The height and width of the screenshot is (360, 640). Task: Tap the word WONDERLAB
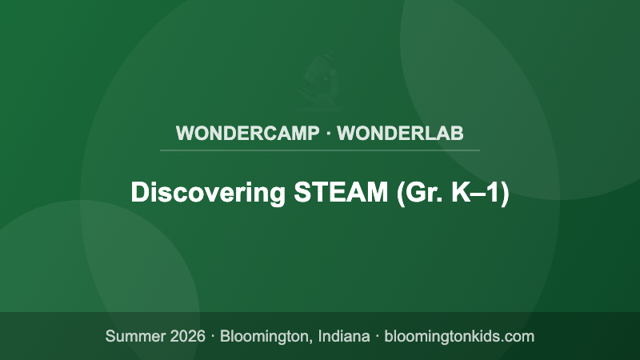tap(400, 133)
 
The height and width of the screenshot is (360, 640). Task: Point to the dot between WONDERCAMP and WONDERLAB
tap(328, 133)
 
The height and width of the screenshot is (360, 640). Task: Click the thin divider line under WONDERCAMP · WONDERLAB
tap(320, 150)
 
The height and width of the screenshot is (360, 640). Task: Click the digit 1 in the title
tap(492, 194)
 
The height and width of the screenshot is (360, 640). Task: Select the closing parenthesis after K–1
tap(504, 194)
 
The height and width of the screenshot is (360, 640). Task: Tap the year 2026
tap(186, 336)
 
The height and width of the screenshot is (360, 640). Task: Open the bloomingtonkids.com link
tap(459, 336)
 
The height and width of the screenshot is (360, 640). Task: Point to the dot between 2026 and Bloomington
tap(214, 336)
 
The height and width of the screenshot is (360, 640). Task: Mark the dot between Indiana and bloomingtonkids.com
tap(376, 336)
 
